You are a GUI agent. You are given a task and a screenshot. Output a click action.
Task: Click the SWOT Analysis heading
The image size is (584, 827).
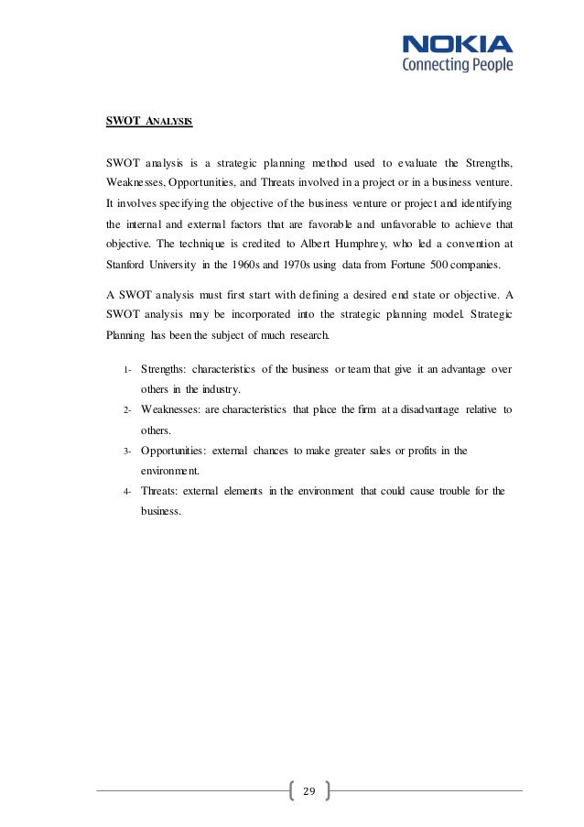[147, 120]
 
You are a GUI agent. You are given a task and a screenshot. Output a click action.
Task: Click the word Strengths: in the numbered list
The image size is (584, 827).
[170, 369]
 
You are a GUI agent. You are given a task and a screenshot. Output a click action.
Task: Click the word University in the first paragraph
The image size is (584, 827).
[187, 267]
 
